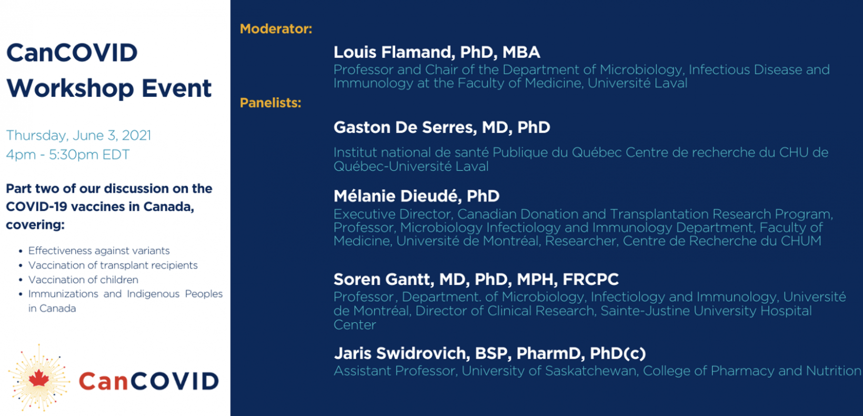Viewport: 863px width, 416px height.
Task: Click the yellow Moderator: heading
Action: pos(276,29)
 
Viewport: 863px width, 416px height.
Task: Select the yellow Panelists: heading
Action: pos(270,103)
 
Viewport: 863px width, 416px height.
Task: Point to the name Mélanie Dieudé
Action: pos(395,196)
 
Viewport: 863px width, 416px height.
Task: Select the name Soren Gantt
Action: pos(384,279)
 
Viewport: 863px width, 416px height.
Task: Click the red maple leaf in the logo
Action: pos(38,378)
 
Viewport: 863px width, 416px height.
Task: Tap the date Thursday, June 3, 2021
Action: pos(78,135)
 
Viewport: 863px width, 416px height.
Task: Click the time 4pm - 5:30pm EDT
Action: pos(68,155)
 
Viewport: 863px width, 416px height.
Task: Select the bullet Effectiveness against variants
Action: pos(99,251)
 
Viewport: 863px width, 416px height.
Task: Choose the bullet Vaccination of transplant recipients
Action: pos(113,265)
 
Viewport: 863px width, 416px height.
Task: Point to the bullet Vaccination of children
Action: pos(83,280)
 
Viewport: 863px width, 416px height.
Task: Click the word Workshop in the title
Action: pos(71,88)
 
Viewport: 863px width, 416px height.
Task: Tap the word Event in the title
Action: pos(177,88)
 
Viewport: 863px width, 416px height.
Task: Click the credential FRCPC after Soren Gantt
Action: pos(590,279)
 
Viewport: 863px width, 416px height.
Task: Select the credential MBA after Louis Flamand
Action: pos(521,52)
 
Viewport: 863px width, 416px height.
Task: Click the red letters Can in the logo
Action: pos(103,381)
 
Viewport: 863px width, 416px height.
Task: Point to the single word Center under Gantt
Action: pos(355,324)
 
